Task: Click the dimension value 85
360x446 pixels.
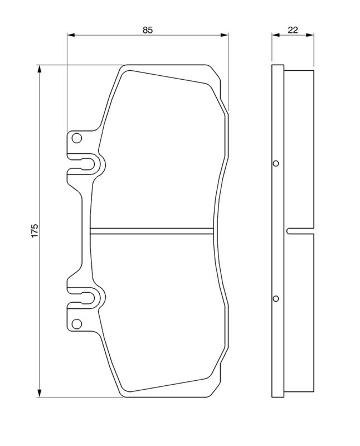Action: (147, 30)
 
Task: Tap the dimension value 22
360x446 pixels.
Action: (292, 30)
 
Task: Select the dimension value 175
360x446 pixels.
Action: (34, 231)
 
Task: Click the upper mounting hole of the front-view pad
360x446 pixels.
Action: (77, 138)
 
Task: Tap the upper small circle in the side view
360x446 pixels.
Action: (276, 164)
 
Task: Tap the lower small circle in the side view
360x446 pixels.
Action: (276, 298)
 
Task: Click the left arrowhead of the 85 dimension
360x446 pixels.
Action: (70, 36)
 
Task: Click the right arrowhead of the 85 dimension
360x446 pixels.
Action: (225, 36)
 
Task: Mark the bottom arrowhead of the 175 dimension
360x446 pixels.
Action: (40, 392)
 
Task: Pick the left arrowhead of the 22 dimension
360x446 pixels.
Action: (274, 36)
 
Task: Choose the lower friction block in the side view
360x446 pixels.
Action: (299, 312)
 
